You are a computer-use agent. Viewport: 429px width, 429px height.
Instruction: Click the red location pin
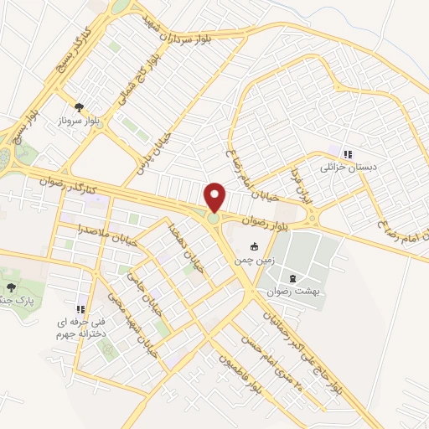(x=215, y=198)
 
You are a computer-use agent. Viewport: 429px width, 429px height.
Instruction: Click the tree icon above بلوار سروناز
(x=79, y=106)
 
